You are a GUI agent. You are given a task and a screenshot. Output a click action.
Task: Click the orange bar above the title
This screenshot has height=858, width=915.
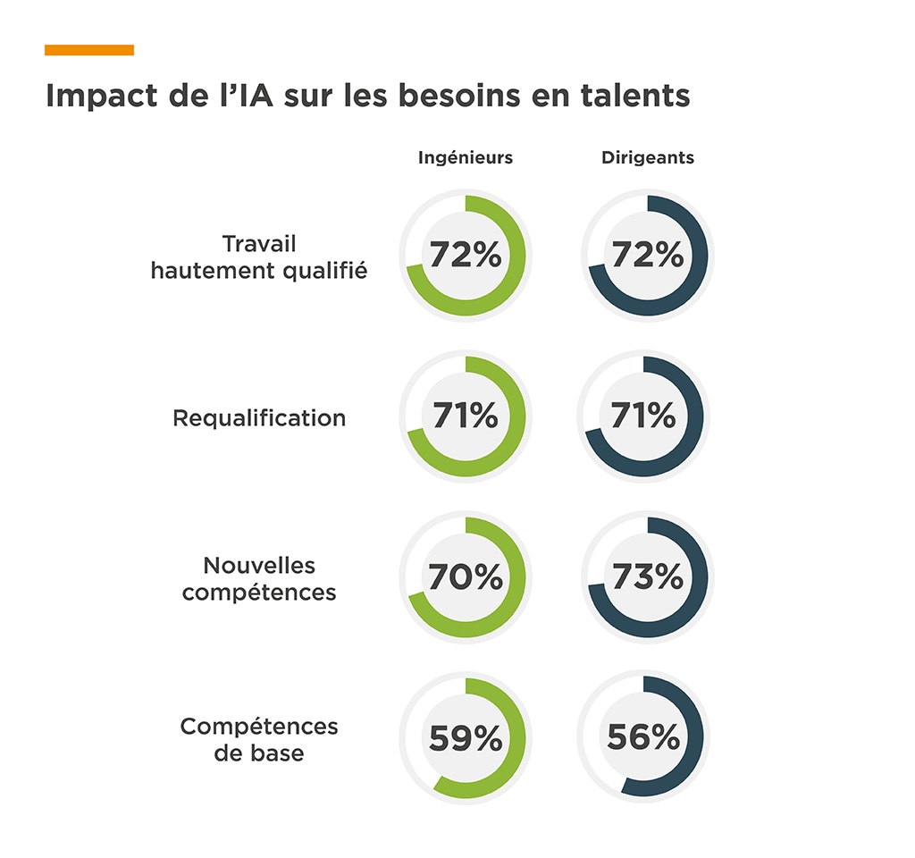89,50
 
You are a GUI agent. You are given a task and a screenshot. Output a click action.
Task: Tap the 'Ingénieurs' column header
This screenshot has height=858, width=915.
466,158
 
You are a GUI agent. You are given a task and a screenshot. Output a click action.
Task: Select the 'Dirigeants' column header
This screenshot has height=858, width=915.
648,158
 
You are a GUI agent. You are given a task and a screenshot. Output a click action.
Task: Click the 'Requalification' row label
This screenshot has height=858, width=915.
259,418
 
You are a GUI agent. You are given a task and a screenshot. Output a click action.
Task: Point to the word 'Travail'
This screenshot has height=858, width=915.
259,244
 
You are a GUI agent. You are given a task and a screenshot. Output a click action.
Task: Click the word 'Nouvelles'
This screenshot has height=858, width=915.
259,566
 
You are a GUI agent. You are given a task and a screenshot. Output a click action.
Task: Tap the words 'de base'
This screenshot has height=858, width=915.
259,753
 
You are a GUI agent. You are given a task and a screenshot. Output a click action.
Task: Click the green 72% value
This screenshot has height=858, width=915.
466,256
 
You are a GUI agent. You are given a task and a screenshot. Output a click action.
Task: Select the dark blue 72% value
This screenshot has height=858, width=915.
648,256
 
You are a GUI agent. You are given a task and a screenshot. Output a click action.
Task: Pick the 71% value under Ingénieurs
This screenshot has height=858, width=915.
466,416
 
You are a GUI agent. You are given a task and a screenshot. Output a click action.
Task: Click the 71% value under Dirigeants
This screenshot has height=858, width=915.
643,416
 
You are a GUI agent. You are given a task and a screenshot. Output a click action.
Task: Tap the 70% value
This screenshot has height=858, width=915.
466,577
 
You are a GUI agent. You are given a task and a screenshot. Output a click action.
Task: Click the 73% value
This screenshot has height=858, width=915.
648,577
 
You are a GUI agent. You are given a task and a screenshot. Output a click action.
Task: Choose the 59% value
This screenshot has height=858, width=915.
466,738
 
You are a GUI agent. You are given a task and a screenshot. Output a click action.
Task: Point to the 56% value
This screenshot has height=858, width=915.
643,738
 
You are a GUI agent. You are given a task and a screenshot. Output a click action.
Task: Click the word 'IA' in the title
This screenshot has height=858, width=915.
248,96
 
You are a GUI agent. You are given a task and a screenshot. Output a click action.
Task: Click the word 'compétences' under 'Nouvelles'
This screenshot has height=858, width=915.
259,593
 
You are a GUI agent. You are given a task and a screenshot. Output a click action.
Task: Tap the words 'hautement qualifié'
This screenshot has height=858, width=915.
259,271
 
